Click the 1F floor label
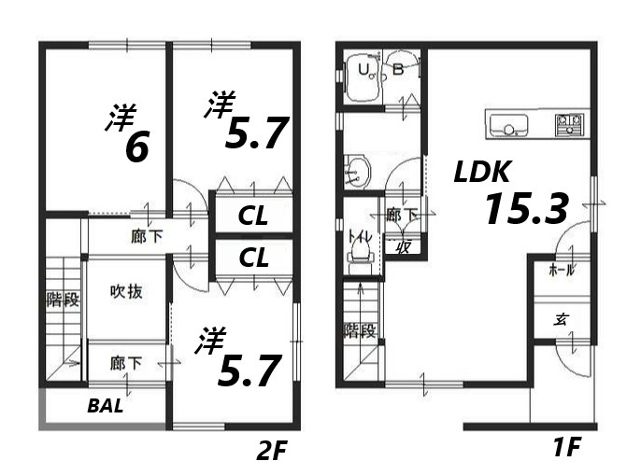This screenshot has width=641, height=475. tap(566, 448)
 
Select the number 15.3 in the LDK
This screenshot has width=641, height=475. tap(525, 209)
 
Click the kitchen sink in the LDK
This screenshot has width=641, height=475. tap(509, 125)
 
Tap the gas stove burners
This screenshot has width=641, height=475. tap(569, 124)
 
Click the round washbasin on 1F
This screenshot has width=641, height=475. tap(358, 172)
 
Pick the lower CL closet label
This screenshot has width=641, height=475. tap(252, 258)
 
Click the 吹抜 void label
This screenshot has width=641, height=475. tap(126, 290)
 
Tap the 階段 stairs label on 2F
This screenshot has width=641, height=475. tap(63, 300)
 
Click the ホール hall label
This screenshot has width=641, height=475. tap(562, 271)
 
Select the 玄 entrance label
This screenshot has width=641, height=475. tap(562, 319)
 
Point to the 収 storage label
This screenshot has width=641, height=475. tap(403, 247)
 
